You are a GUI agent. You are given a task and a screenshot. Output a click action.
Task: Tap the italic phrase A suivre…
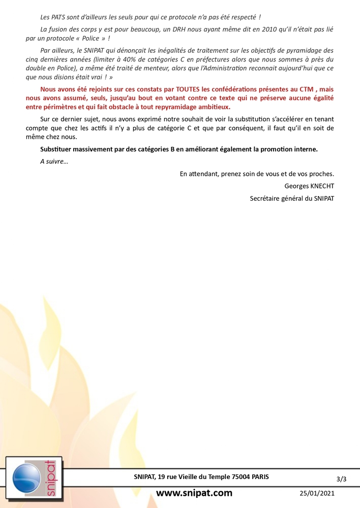tap(54, 161)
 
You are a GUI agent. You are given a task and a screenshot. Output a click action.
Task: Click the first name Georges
tap(295, 186)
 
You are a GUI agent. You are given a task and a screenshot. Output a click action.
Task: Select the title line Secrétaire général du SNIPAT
tap(292, 198)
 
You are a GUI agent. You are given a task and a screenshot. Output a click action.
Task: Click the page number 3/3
tap(341, 479)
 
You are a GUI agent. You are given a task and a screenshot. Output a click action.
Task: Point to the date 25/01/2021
tap(316, 493)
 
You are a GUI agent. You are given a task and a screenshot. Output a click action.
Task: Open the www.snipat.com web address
tap(194, 493)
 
